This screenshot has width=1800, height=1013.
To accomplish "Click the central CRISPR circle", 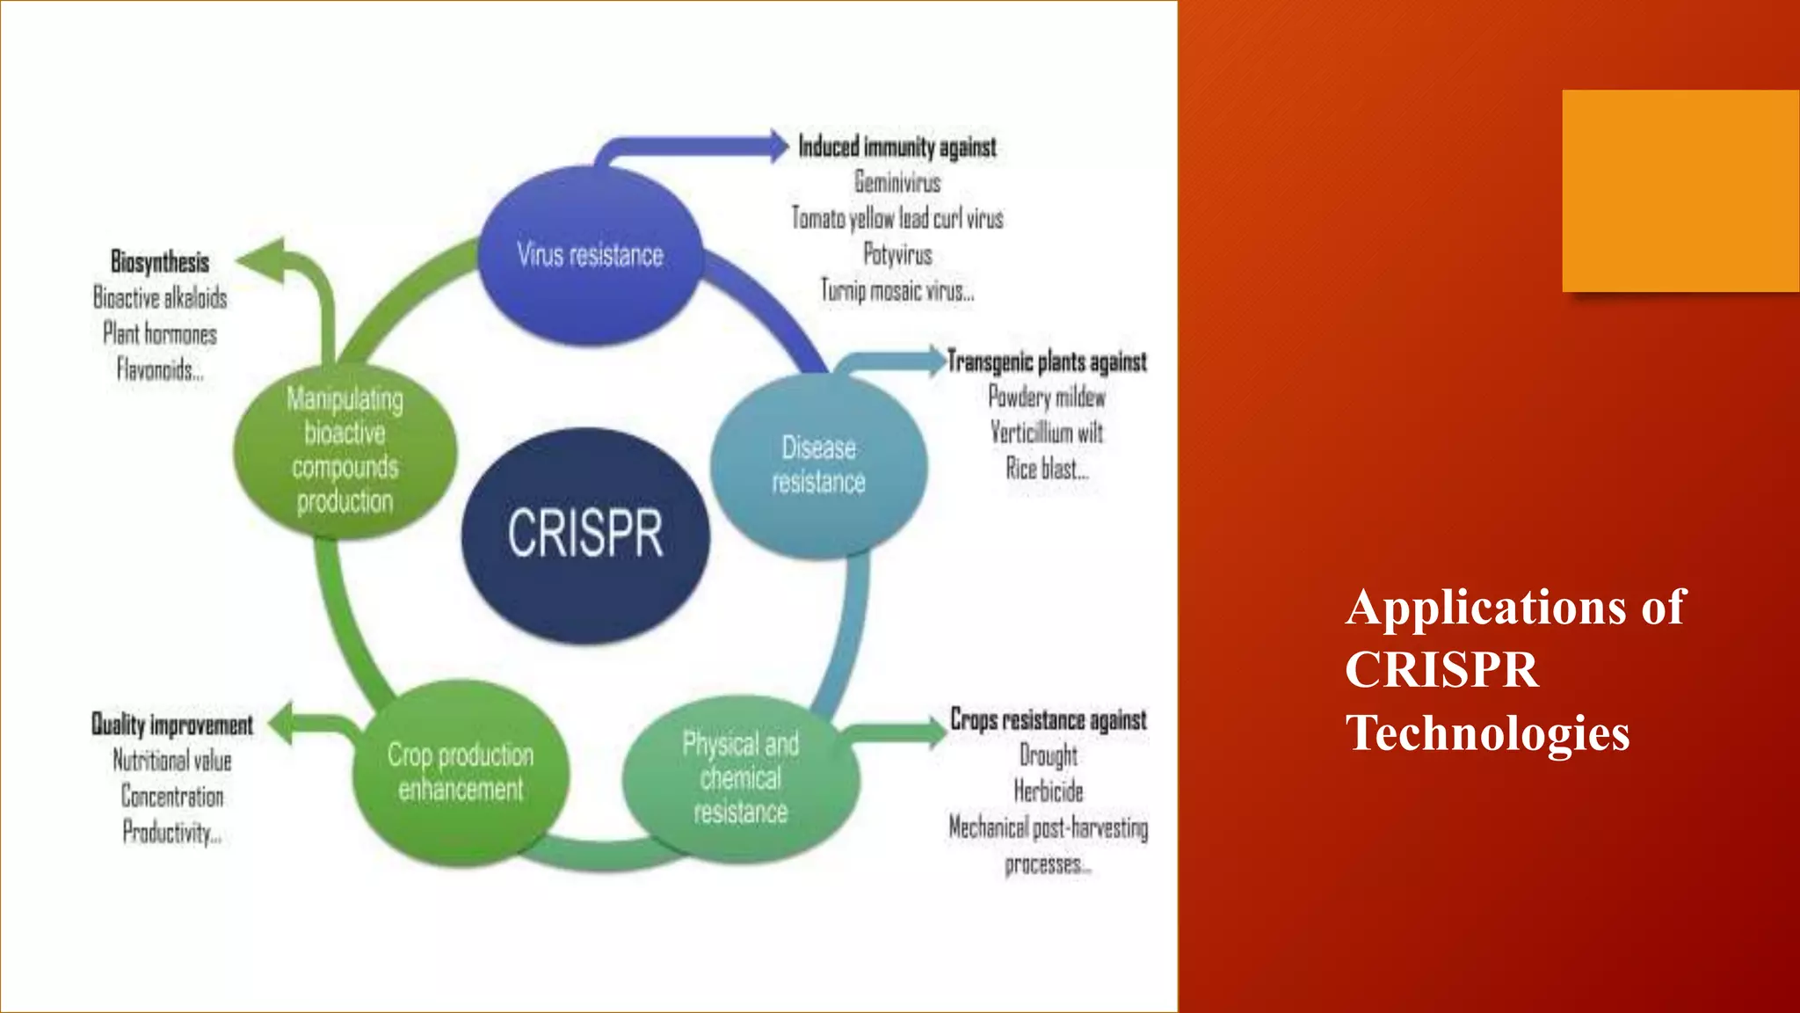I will pos(585,534).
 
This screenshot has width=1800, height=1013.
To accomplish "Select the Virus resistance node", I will pos(590,255).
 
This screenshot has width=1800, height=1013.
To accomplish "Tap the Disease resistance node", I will pos(818,465).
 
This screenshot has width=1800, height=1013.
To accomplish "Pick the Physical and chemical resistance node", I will pos(740,778).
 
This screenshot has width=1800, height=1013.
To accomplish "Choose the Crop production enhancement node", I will pos(461,772).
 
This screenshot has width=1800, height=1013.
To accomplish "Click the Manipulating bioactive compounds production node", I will pos(345,450).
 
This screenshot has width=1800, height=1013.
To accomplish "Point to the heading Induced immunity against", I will pos(897,147).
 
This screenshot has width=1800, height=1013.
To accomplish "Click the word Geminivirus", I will pos(897,183).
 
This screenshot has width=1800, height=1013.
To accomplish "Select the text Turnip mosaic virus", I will pos(896,290).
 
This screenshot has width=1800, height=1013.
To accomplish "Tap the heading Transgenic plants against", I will pos(1047,361).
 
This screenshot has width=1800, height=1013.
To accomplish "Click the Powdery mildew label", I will pos(1047,397).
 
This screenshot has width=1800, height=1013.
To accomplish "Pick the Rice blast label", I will pos(1046,469).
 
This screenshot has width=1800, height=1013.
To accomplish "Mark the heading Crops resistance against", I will pos(1049,720).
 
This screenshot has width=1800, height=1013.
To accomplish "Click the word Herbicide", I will pos(1049,791).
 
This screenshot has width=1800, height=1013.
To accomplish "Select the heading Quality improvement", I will pos(172,725).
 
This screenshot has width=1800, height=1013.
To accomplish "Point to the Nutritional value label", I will pos(172,761).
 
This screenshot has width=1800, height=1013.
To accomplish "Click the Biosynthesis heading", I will pos(160,262).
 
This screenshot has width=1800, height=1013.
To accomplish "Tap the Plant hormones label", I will pos(160,334).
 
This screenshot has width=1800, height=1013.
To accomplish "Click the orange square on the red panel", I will pos(1680,191).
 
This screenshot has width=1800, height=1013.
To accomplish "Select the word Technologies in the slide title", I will pos(1487,733).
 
